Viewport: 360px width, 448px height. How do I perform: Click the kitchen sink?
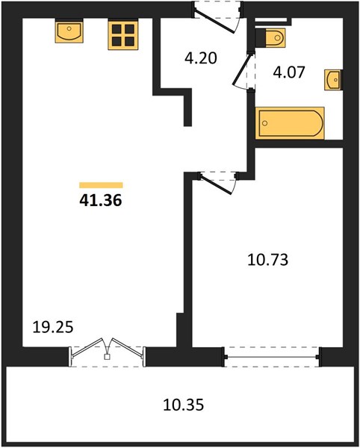(x=69, y=31)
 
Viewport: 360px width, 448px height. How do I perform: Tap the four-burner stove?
(x=123, y=34)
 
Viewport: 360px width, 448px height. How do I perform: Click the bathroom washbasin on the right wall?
(x=333, y=80)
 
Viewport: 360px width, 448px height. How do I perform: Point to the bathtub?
(x=290, y=123)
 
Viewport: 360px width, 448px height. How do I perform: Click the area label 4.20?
(x=201, y=58)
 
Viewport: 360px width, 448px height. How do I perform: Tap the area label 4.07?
(x=289, y=72)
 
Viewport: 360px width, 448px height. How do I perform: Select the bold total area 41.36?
(x=101, y=200)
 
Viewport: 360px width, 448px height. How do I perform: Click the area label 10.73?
(x=267, y=260)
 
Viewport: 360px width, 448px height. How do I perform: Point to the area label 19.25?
(x=53, y=327)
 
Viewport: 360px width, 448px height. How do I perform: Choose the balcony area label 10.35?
(x=184, y=405)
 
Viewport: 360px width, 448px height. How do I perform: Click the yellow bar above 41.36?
(x=101, y=185)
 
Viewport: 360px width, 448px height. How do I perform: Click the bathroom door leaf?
(x=242, y=69)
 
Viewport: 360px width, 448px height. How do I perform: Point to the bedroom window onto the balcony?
(x=272, y=357)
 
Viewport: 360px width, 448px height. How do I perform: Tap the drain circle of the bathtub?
(x=265, y=123)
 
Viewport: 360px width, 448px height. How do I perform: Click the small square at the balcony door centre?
(x=107, y=357)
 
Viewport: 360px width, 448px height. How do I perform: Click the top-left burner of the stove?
(x=117, y=29)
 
